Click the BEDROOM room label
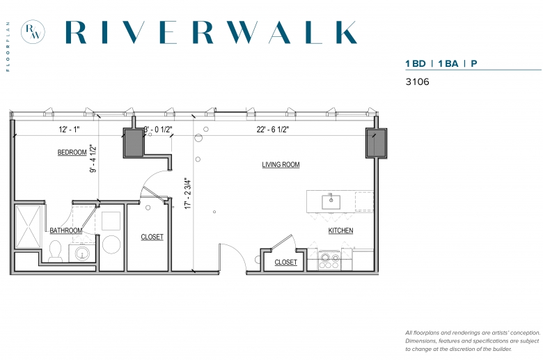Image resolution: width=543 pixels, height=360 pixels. (x=72, y=152)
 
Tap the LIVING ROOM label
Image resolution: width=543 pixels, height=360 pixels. (x=281, y=164)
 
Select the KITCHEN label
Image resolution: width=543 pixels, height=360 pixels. (x=340, y=230)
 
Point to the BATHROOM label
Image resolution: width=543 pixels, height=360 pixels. (x=66, y=230)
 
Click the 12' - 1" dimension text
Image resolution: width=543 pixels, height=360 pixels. (x=69, y=130)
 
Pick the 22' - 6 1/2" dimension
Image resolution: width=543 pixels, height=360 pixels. (x=273, y=130)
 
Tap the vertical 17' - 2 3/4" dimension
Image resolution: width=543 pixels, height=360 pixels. (x=188, y=193)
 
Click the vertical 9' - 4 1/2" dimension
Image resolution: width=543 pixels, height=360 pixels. (x=93, y=158)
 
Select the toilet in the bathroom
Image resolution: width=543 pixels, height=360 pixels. (x=56, y=251)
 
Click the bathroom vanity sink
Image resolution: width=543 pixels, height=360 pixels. (x=82, y=253)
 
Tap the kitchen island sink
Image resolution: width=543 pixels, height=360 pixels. (x=331, y=202)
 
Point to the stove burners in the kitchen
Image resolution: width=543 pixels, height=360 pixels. (x=329, y=262)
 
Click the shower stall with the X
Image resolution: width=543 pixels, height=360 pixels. (x=29, y=226)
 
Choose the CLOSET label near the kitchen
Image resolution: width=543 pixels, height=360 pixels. (x=285, y=263)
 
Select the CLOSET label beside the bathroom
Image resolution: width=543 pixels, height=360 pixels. (x=152, y=237)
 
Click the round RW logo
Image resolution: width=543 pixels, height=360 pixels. (x=33, y=32)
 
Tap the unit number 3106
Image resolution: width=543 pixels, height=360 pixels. (x=417, y=81)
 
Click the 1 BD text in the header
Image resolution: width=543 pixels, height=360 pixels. (x=416, y=64)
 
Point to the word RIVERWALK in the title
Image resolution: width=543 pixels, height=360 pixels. (x=211, y=32)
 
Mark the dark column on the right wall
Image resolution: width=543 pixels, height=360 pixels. (x=377, y=143)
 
